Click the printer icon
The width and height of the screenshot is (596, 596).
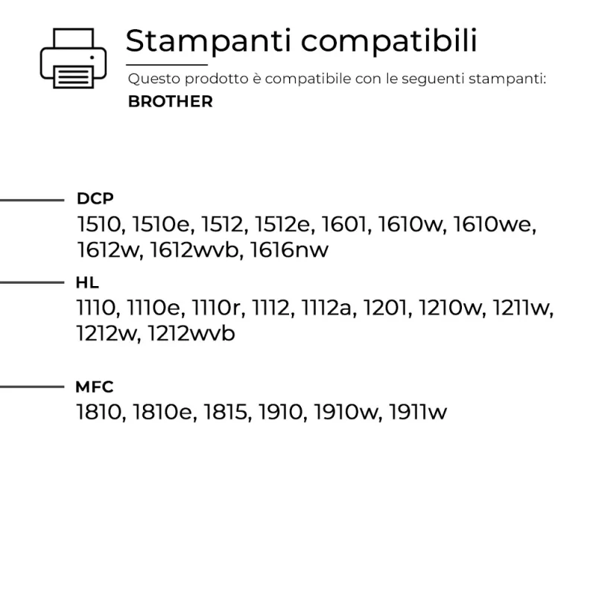coord(73,58)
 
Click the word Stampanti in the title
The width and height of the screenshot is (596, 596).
coord(209,41)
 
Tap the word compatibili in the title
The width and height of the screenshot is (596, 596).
coord(389,41)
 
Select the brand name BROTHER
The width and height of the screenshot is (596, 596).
coord(171,101)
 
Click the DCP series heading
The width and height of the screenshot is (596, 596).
coord(95,198)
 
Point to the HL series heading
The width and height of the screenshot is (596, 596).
coord(87,282)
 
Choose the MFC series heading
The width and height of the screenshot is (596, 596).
coord(95,387)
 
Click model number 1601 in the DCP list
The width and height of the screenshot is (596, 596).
coord(344,224)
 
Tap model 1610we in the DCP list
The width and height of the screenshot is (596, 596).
coord(492,224)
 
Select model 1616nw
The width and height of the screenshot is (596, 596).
coord(289,250)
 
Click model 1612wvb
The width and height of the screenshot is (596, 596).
coord(194,250)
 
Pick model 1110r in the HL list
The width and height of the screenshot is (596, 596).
coord(215,308)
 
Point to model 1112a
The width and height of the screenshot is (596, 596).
coord(326,308)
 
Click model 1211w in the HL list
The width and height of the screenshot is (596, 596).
coord(520,308)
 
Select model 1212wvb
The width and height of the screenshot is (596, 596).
coord(191,333)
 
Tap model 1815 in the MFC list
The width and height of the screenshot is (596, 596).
coord(226,412)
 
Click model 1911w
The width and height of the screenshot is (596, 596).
coord(418,412)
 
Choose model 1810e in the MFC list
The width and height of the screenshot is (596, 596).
coord(162,412)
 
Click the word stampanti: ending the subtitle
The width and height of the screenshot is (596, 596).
coord(507,79)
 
